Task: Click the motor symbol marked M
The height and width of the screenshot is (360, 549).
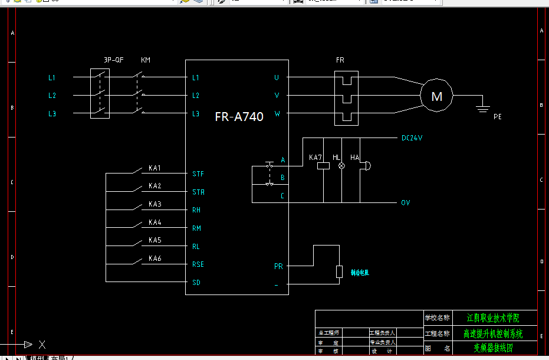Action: coord(436,96)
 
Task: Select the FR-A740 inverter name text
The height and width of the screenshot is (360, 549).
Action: coord(239,117)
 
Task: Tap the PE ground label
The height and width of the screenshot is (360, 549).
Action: coord(497,117)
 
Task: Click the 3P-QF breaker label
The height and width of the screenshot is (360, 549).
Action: coord(113,60)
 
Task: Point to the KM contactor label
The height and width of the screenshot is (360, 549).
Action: coord(146,60)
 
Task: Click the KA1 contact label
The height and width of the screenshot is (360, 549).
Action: coord(154,168)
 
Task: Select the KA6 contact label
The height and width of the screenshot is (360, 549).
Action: coord(154,258)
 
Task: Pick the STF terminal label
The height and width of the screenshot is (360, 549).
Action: coord(198,174)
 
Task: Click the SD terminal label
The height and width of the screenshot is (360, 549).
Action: coord(196,282)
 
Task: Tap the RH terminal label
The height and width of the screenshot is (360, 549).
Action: coord(196,210)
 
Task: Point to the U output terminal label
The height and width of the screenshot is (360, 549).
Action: coord(276,77)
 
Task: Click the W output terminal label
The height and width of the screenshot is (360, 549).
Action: coord(277,114)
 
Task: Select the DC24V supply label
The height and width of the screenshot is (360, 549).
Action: coord(412,138)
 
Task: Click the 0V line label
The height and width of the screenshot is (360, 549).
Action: coord(405,202)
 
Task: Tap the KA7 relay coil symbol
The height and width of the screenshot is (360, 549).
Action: coord(323,166)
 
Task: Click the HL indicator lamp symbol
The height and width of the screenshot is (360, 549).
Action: coord(340,166)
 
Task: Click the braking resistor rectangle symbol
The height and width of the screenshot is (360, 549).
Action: coord(339,271)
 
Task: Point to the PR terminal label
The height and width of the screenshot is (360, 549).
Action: coord(278,266)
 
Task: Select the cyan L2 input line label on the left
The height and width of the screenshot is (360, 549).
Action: coord(52,96)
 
